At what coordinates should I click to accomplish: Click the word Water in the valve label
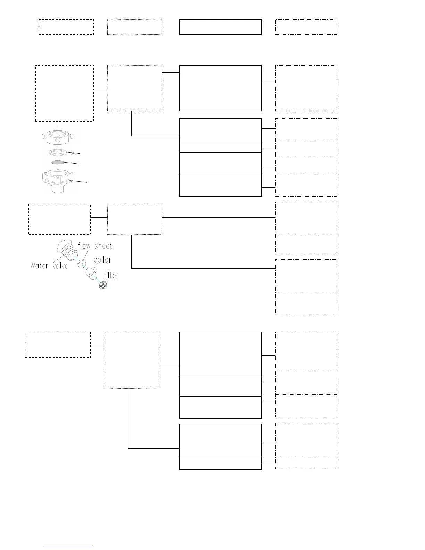(39, 266)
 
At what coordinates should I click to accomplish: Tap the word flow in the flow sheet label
(84, 246)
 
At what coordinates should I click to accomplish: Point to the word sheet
(103, 246)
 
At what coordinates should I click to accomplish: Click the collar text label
(102, 260)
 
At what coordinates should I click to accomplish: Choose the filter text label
(111, 275)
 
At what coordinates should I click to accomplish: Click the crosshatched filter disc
(103, 285)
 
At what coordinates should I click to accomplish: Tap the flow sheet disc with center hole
(82, 264)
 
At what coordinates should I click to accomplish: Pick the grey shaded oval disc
(58, 162)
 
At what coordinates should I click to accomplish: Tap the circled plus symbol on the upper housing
(58, 140)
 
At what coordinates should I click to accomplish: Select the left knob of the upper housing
(43, 135)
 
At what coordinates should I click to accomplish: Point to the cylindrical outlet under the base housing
(58, 189)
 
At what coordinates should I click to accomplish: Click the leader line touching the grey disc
(72, 163)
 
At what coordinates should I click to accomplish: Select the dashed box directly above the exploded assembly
(65, 93)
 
